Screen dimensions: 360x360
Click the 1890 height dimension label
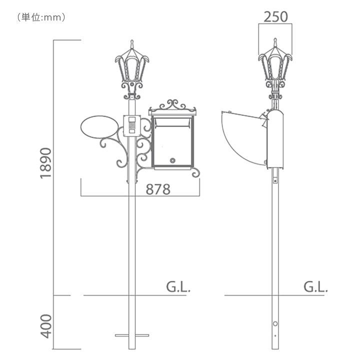point(46,163)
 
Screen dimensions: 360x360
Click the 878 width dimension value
point(158,189)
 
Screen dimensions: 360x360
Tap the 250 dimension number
point(275,17)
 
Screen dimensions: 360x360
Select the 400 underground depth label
point(46,326)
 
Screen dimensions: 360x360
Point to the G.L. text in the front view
point(178,287)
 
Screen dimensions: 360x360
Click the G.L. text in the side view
point(315,287)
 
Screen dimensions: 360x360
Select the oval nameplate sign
point(100,126)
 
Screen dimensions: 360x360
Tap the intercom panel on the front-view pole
point(132,126)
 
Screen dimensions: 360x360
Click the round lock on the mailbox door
point(172,160)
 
